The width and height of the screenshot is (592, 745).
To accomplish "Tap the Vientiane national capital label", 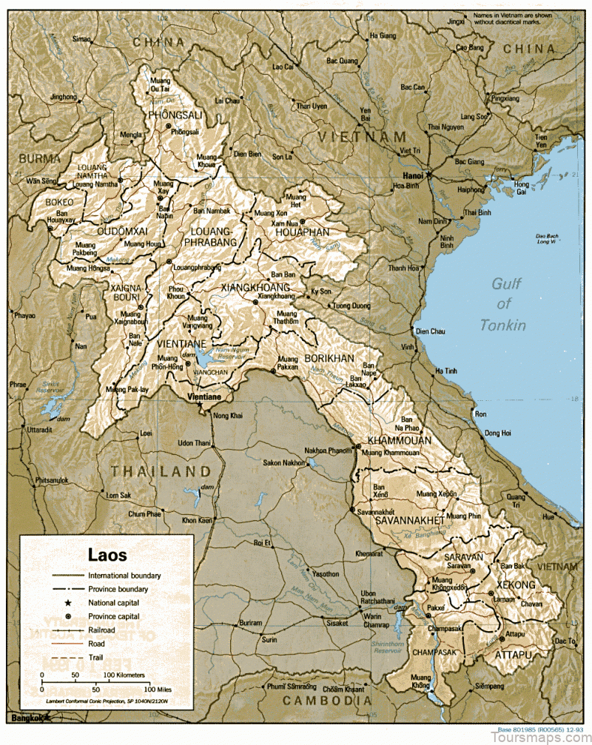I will [204, 398].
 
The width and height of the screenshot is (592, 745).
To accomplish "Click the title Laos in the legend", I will [107, 555].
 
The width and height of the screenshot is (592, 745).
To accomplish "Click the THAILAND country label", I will [161, 471].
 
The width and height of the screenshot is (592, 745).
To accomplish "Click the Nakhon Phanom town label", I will [326, 451].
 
